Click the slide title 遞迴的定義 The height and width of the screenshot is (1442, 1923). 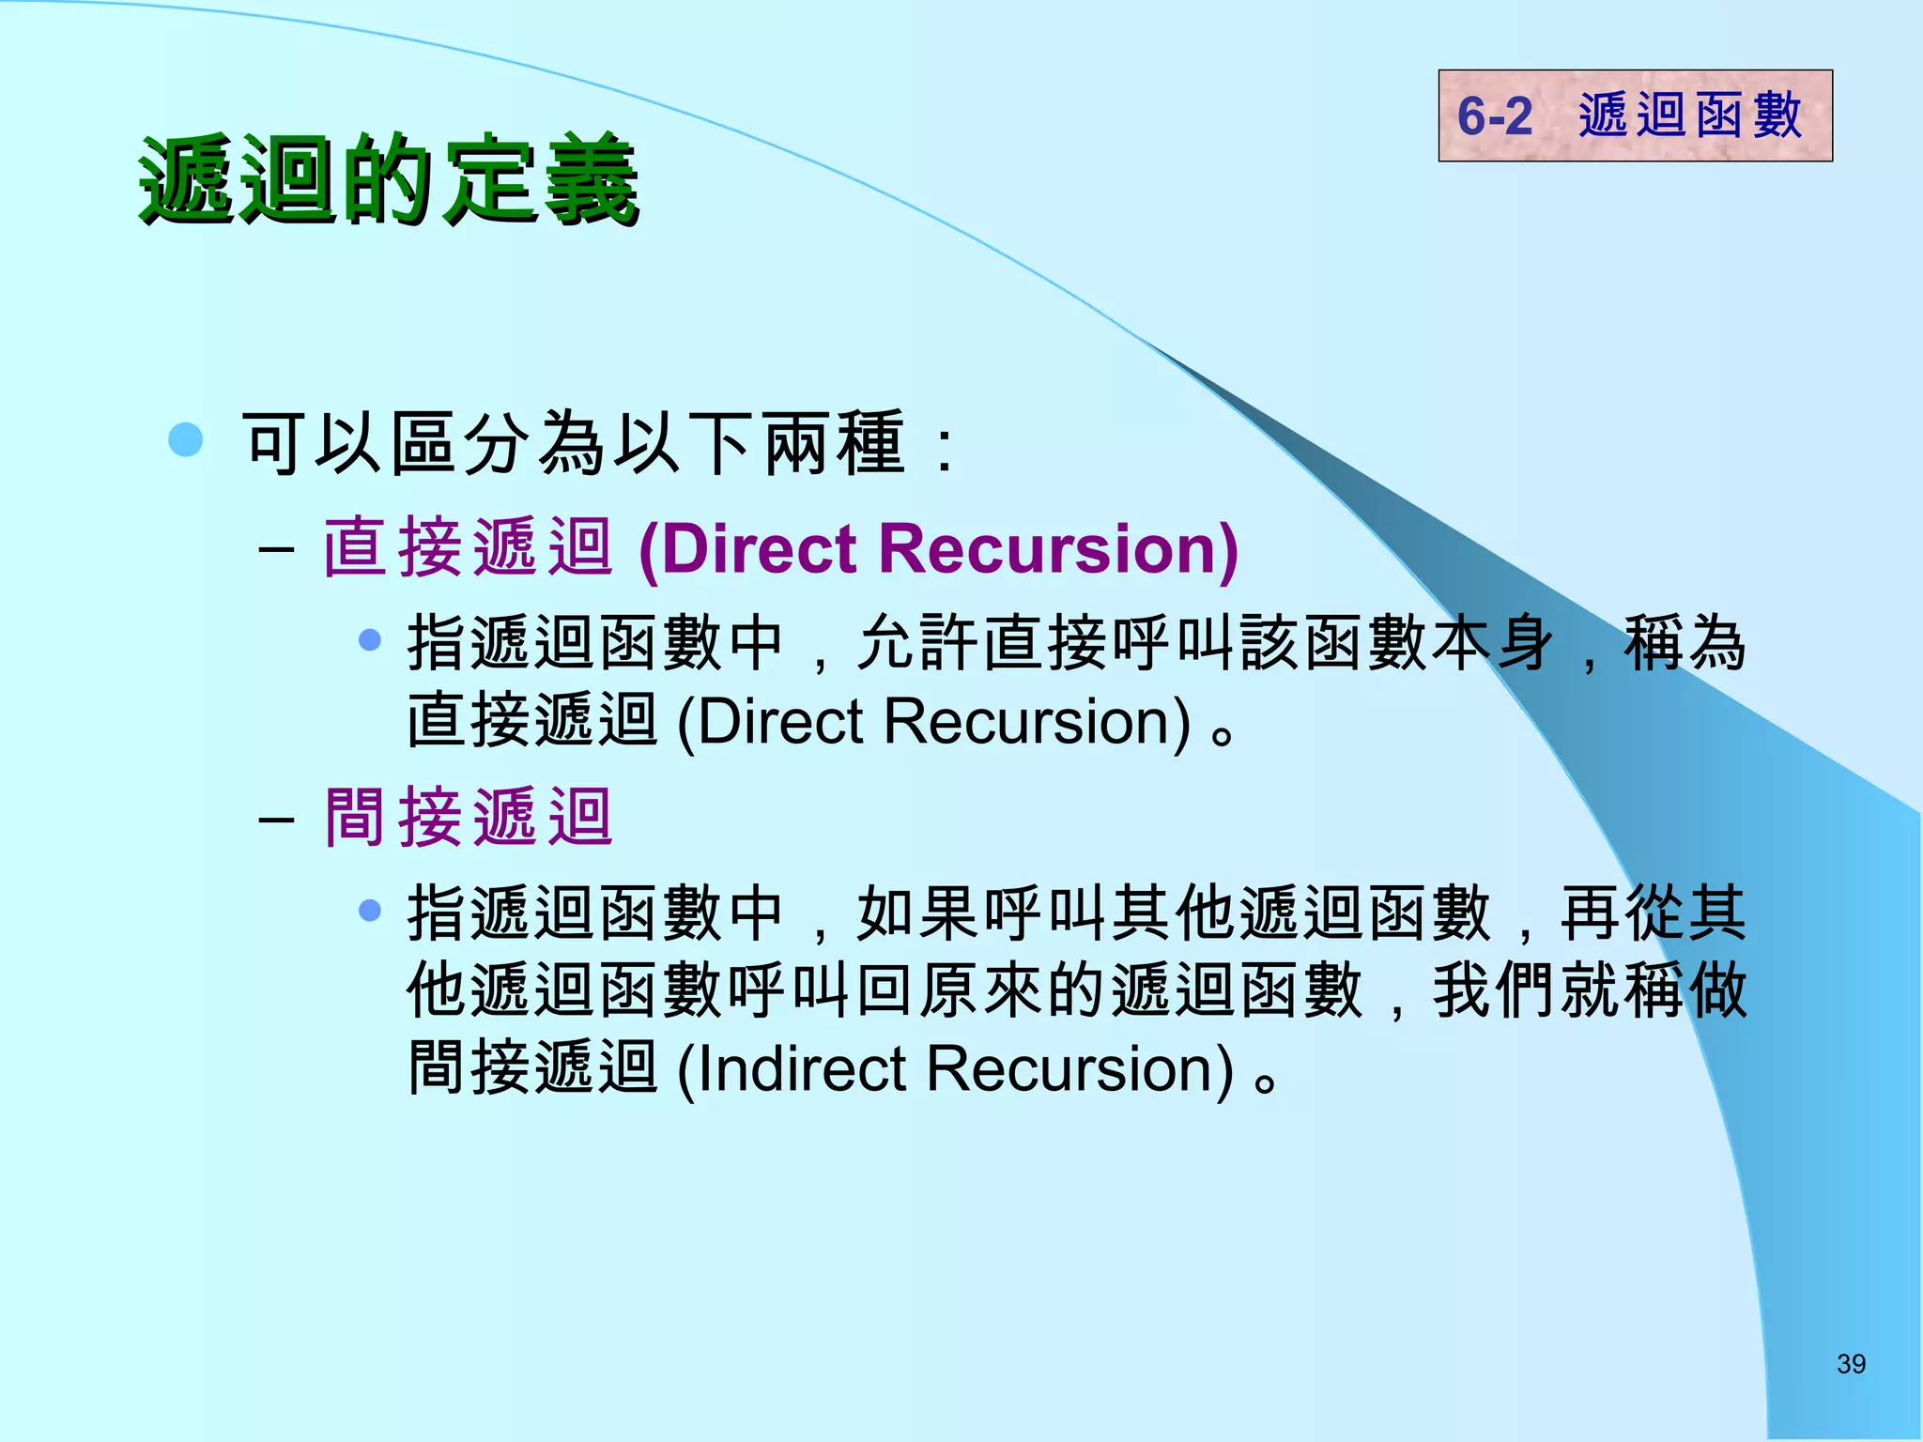pos(388,180)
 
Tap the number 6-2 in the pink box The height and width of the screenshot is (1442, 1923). pos(1494,116)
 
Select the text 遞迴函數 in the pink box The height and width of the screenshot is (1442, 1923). pos(1689,116)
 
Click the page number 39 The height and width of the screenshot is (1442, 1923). pos(1851,1364)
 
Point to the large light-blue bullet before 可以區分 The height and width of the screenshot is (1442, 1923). pos(186,439)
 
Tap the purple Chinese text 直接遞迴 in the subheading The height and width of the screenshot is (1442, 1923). pos(469,547)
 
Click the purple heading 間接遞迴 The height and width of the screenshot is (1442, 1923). pos(469,818)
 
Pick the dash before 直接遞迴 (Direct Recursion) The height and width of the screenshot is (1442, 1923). pos(276,549)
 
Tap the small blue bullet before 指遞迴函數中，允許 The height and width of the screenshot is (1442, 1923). pos(370,640)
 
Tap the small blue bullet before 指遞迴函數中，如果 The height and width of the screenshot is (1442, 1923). pos(370,910)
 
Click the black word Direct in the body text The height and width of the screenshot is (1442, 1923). pos(779,722)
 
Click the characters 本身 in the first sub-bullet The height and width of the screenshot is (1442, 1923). pos(1492,644)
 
